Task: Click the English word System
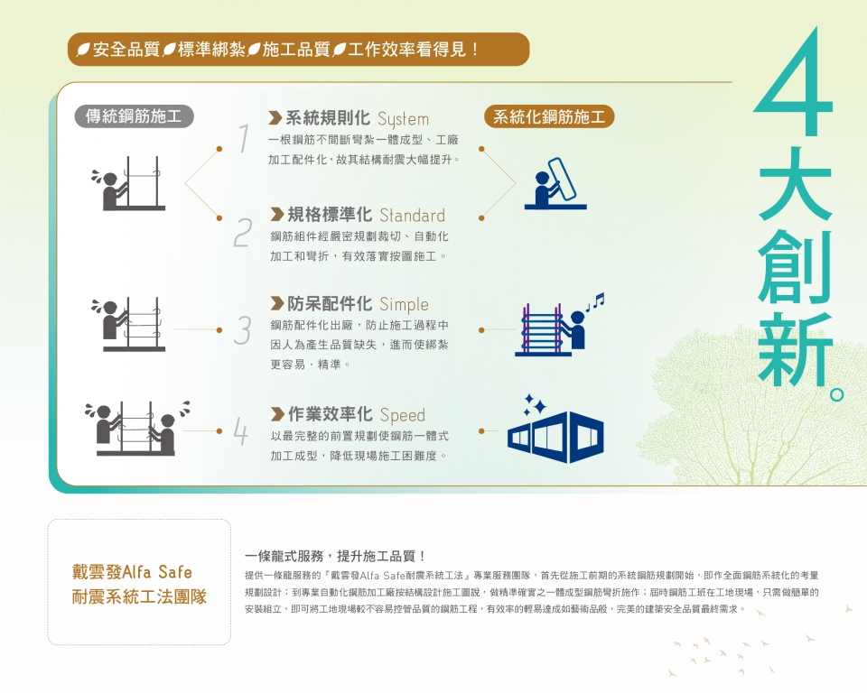tap(403, 119)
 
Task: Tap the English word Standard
tap(412, 215)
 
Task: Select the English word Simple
tap(405, 304)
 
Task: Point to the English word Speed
tap(403, 415)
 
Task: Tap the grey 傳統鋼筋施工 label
tap(134, 116)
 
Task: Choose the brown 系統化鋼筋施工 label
tap(549, 116)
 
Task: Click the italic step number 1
tap(244, 138)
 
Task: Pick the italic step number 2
tap(243, 233)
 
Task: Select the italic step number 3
tap(243, 330)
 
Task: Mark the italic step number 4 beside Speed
tap(240, 431)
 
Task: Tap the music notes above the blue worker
tap(595, 301)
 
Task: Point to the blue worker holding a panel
tap(555, 183)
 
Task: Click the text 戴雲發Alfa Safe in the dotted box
tap(132, 571)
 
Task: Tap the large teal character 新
tap(795, 348)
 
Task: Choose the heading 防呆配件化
tap(330, 304)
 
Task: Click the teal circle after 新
tap(837, 394)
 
